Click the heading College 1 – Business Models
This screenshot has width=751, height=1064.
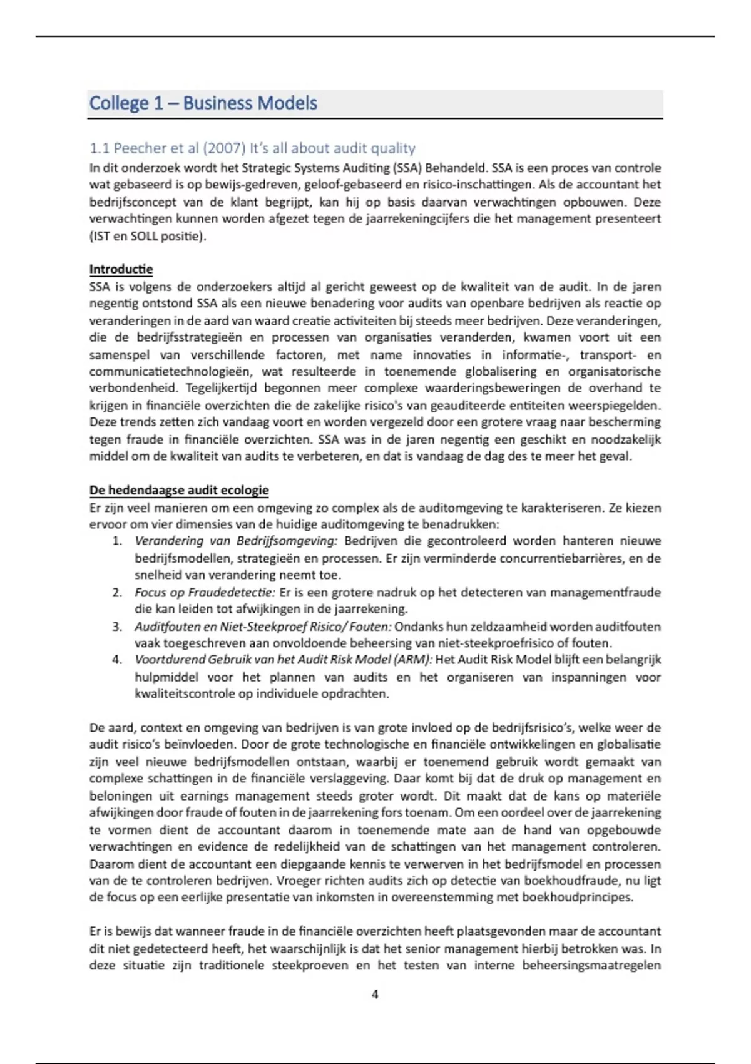pyautogui.click(x=203, y=103)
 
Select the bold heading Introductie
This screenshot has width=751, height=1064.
pyautogui.click(x=121, y=269)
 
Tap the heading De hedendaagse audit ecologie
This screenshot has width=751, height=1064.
pyautogui.click(x=179, y=490)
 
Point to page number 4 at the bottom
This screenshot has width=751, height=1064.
pyautogui.click(x=375, y=994)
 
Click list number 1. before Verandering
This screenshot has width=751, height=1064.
pyautogui.click(x=117, y=541)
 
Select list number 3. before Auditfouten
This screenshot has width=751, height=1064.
pyautogui.click(x=117, y=626)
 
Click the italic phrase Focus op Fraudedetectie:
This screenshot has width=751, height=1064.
pyautogui.click(x=205, y=592)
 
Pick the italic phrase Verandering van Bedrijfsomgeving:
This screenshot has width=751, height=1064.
pyautogui.click(x=236, y=541)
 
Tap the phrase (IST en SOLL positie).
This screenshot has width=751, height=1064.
pyautogui.click(x=148, y=236)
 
